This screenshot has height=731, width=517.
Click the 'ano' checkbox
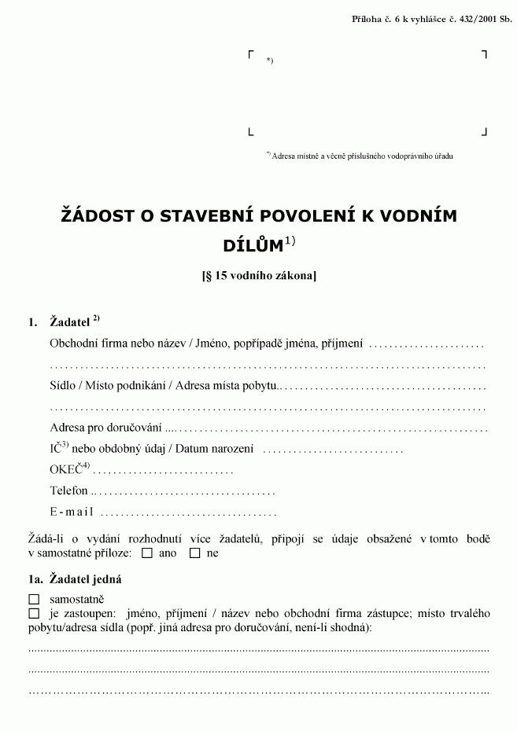147,553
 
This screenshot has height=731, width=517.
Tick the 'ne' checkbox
195,553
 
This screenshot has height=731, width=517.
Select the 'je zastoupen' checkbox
33,613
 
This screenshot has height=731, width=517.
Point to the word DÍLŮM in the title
253,245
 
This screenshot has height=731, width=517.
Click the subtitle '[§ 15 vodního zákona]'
259,276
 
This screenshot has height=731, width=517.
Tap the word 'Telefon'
68,490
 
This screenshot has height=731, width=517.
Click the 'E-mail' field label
72,512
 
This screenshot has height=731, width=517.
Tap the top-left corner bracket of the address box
251,53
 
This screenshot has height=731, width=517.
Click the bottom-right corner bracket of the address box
485,132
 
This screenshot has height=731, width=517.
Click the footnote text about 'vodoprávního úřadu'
362,156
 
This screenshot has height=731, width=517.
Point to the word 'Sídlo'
63,386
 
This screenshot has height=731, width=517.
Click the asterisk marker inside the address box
269,61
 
